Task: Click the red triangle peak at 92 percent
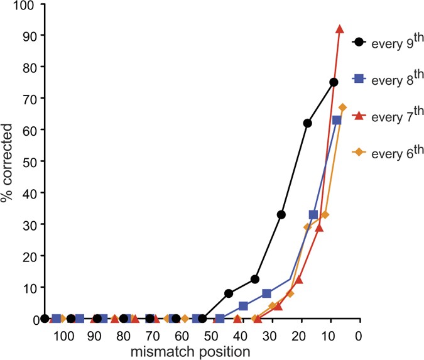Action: [340, 29]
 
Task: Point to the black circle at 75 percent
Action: [334, 82]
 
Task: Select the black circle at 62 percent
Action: [308, 124]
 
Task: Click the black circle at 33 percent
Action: [281, 215]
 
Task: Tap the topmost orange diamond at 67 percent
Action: [342, 107]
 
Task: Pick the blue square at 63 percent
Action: [337, 120]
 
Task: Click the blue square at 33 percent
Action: [313, 215]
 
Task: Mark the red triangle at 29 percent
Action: [319, 227]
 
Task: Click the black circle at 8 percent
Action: [229, 293]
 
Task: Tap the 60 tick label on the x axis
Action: [182, 336]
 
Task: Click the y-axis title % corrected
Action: [8, 162]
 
